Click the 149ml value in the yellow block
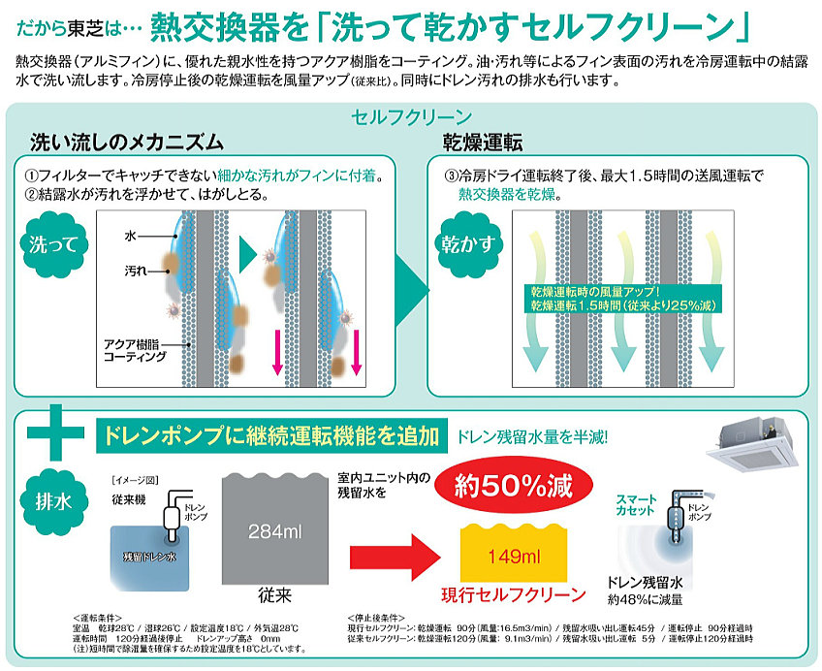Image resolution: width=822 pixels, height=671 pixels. click(x=511, y=556)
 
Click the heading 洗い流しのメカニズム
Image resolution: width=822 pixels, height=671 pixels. click(x=127, y=144)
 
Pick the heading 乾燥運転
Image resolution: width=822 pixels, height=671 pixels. click(x=483, y=144)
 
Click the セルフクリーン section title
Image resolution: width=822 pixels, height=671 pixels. click(x=412, y=117)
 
